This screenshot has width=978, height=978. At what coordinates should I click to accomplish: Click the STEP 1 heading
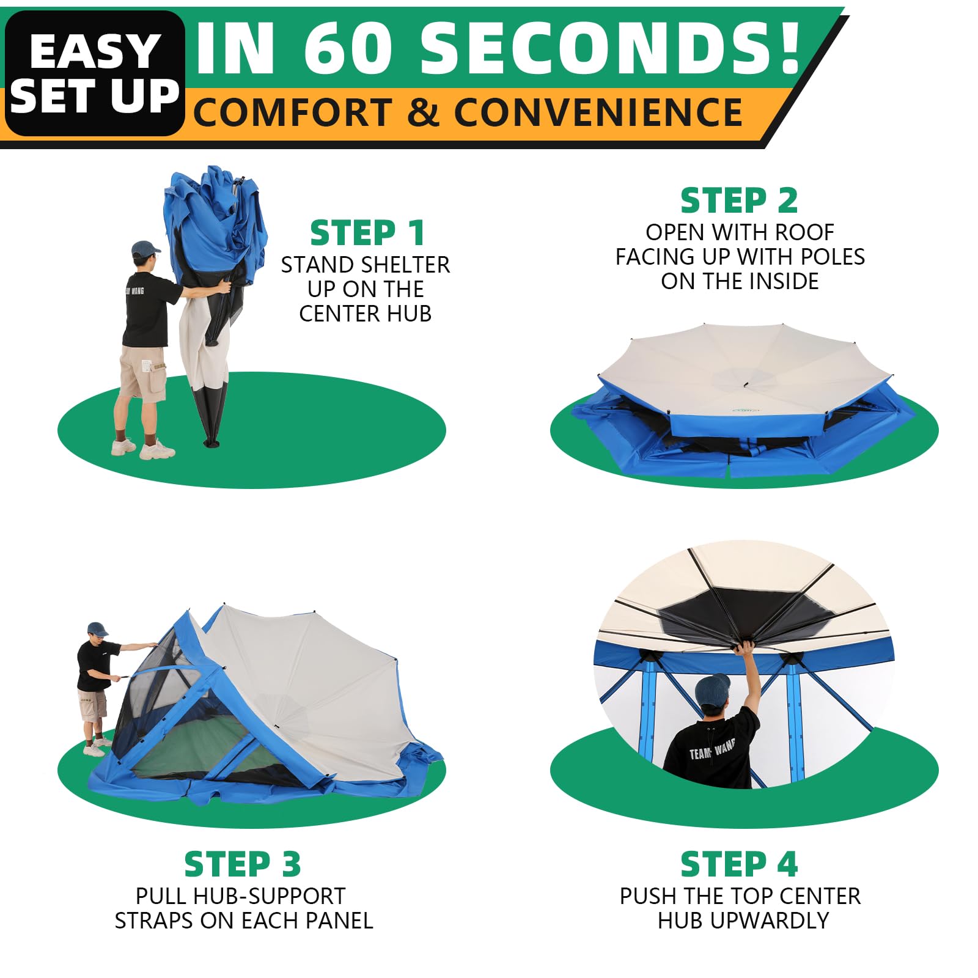pos(367,232)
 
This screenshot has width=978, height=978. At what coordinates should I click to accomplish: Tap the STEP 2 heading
pos(739,200)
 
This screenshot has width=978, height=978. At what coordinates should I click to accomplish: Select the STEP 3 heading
pos(243,864)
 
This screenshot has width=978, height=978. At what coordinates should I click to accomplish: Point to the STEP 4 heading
pos(739,864)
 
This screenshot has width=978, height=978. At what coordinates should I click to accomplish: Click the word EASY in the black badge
pos(95,51)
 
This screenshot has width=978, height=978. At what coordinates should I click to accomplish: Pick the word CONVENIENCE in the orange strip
pos(598,112)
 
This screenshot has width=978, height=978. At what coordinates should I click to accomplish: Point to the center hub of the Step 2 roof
pos(745,384)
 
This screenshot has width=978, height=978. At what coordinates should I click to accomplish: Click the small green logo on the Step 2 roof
pos(745,410)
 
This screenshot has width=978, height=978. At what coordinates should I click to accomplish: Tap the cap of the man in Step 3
pos(97,629)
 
